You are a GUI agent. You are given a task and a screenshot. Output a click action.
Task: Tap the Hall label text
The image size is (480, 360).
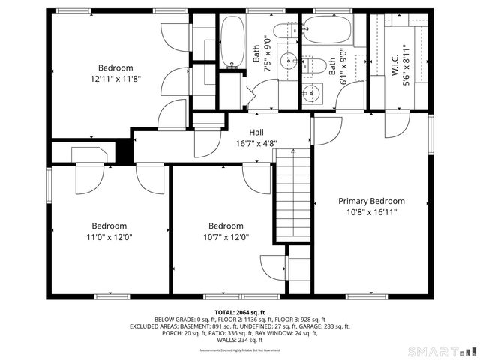(256, 132)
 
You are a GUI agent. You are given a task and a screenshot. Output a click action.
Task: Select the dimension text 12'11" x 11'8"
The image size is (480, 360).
(115, 78)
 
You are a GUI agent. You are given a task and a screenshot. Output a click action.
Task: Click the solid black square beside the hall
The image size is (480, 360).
(123, 152)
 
